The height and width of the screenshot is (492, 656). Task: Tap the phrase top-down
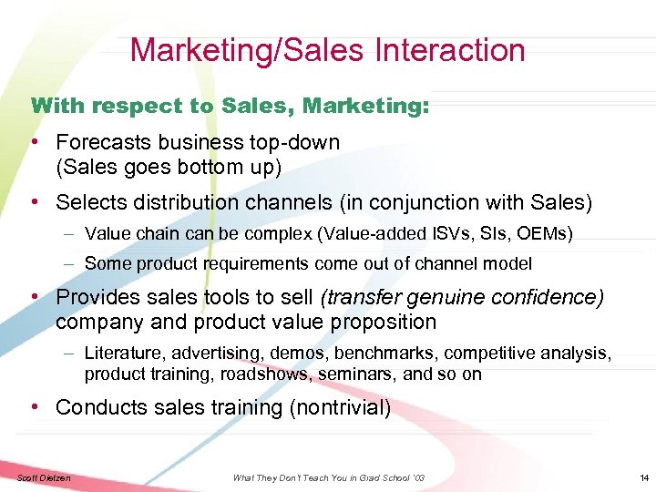point(299,143)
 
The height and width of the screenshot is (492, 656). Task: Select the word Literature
point(118,352)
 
